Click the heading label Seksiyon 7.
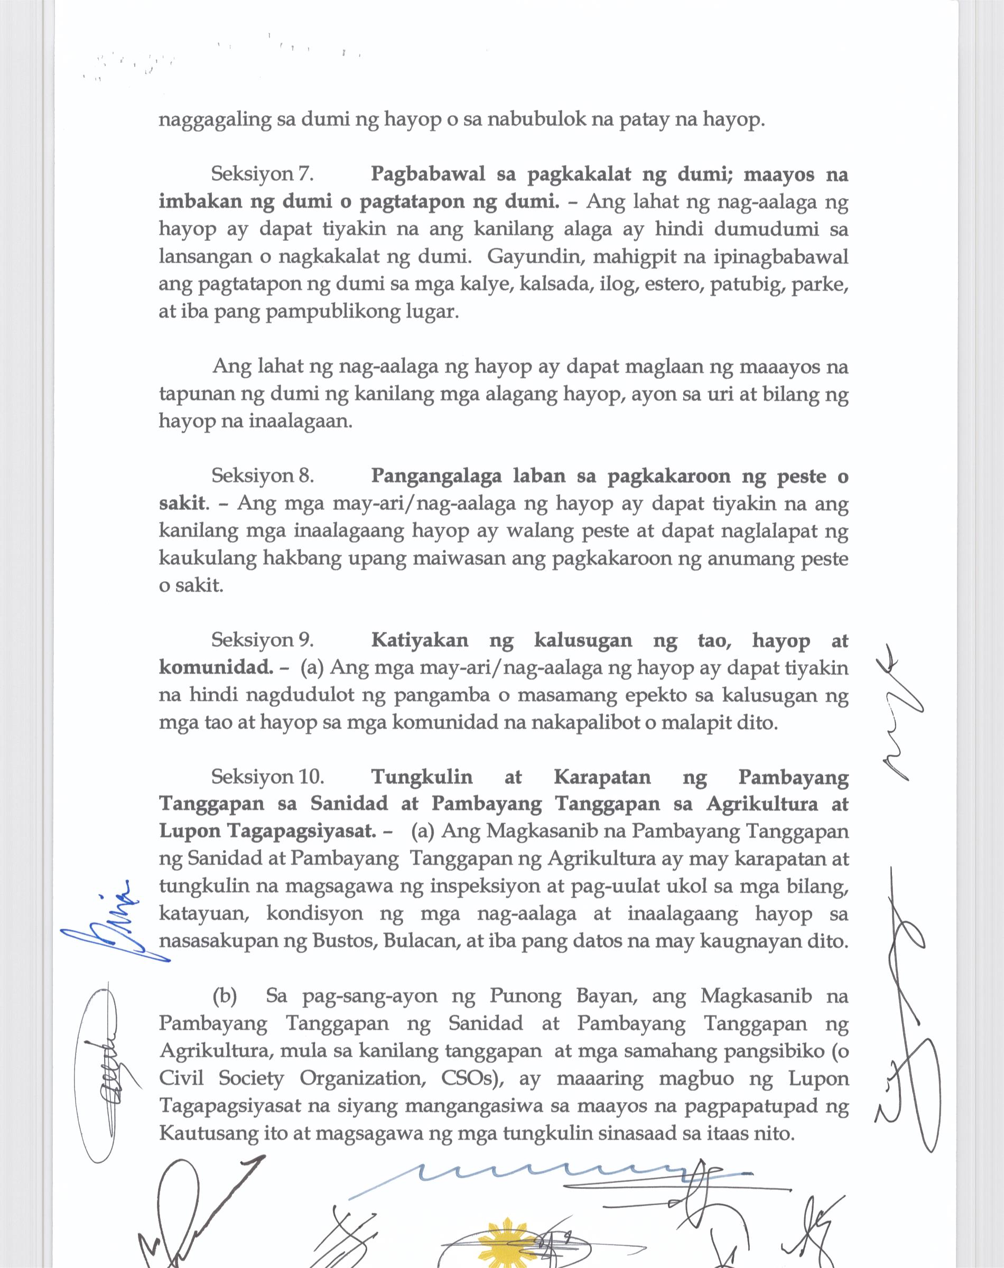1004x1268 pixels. coord(261,174)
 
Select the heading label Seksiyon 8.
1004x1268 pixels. coord(262,475)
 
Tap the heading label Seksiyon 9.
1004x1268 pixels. coord(262,640)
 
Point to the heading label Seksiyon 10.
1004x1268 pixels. coord(267,777)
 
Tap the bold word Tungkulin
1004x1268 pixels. coord(422,777)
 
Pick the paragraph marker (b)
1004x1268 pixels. coord(224,996)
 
